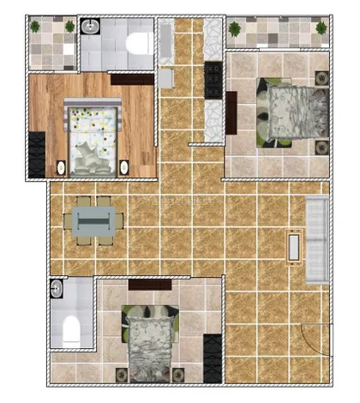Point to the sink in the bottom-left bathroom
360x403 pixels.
point(57,287)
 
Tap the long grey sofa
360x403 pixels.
point(317,238)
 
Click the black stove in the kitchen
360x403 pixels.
point(212,81)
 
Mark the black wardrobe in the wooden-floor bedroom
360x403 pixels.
point(36,154)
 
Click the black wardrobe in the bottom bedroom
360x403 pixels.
point(211,352)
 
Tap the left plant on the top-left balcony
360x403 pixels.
point(35,27)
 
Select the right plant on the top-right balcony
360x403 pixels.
point(321,28)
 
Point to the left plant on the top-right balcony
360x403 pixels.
point(235,28)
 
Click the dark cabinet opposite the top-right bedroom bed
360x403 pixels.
point(231,107)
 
